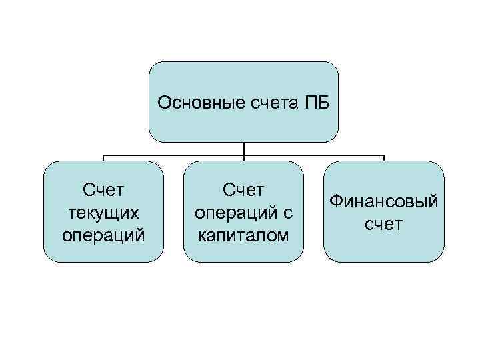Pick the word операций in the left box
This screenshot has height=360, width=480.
(x=103, y=235)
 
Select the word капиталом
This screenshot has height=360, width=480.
(x=243, y=235)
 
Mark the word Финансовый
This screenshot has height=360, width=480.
(x=383, y=201)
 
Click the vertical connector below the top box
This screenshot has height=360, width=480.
(x=243, y=149)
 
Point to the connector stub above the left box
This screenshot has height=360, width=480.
(x=103, y=159)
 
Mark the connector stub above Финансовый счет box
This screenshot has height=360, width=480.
(x=384, y=159)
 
